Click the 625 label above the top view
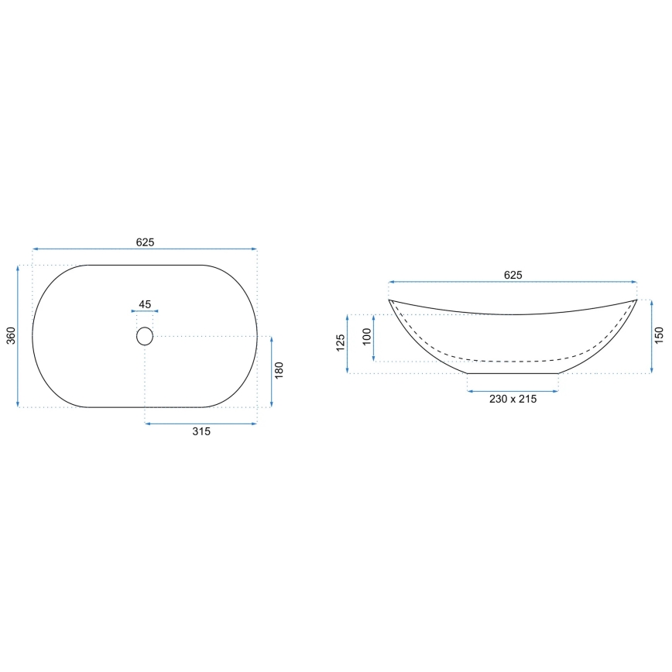[145, 242]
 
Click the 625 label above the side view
[513, 275]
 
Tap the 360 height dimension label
[10, 335]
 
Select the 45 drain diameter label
[145, 303]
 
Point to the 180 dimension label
[279, 370]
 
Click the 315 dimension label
[201, 432]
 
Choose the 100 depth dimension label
[367, 338]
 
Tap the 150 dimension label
[659, 336]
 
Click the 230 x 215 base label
[513, 399]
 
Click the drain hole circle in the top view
[145, 336]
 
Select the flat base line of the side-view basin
[513, 373]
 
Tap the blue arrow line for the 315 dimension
[201, 423]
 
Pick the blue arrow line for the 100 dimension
[375, 338]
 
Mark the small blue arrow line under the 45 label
[145, 312]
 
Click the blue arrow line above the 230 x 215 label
[513, 391]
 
